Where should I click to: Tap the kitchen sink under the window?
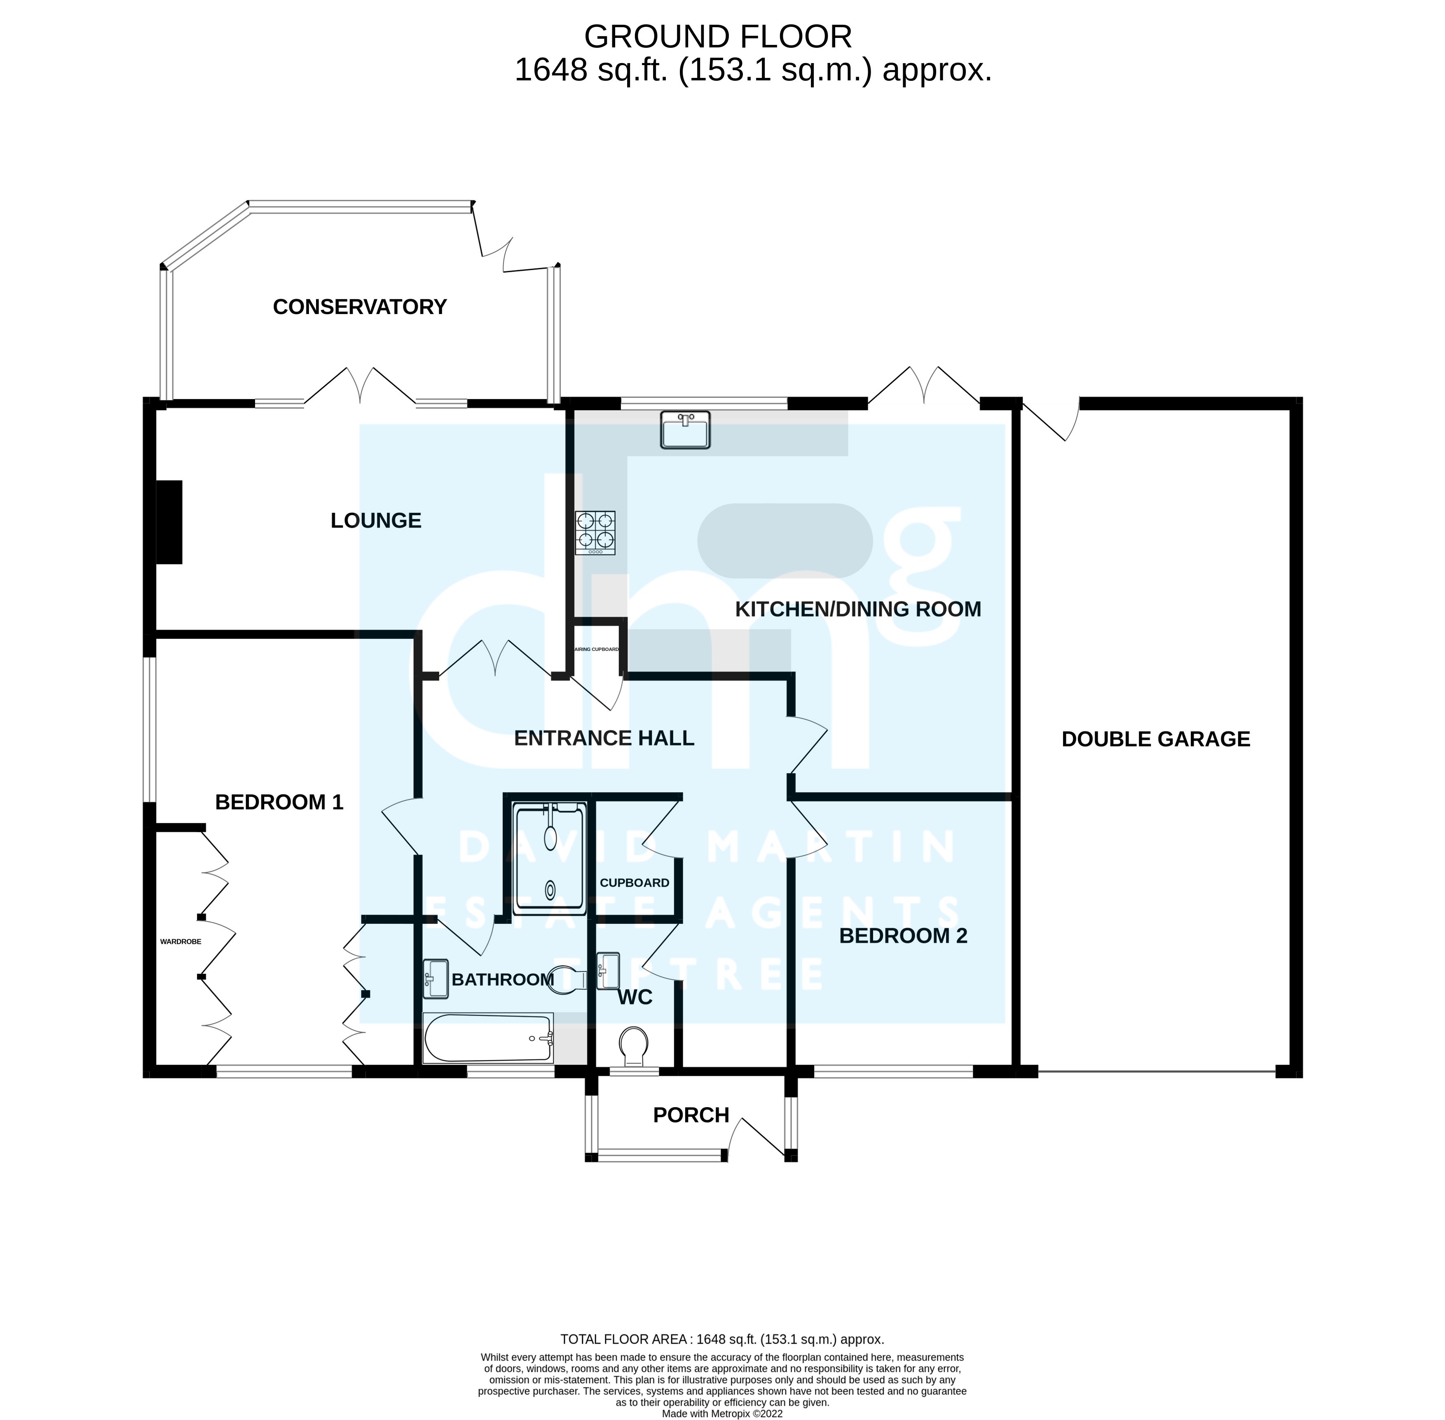pos(684,430)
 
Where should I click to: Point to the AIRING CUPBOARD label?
pos(597,649)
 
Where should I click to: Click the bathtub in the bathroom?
pos(487,1038)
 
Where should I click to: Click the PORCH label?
pos(691,1115)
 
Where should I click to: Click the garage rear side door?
pos(1050,421)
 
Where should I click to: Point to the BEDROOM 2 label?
pos(903,936)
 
